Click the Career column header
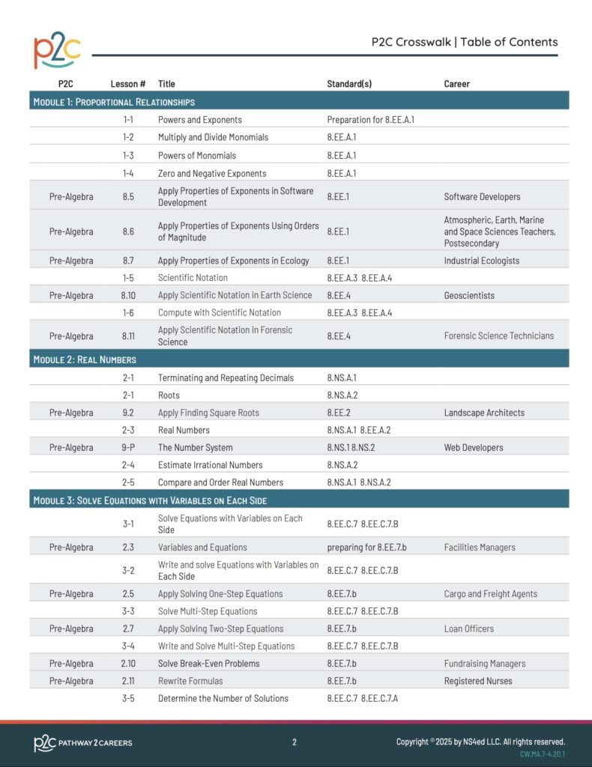[456, 84]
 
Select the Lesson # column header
[128, 84]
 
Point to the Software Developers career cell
[482, 197]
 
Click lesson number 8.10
[128, 295]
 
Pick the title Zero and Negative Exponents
[212, 174]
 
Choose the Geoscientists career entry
[469, 295]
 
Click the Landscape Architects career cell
[483, 413]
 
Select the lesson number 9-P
[128, 448]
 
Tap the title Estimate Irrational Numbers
[210, 465]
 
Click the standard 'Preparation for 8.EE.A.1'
[370, 120]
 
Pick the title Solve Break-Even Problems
[208, 664]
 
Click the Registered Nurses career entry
[478, 681]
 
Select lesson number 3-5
[128, 698]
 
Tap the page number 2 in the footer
[295, 742]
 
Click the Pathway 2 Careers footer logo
[83, 742]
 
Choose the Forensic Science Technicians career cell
[499, 336]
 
